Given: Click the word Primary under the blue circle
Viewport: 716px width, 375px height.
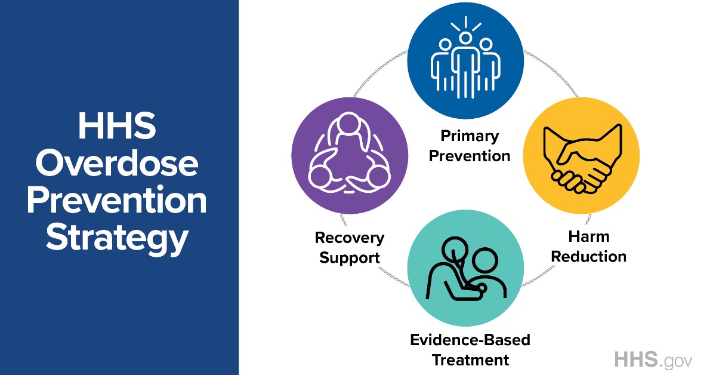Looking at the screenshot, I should [x=469, y=136].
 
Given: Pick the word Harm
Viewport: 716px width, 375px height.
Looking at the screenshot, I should [x=588, y=237].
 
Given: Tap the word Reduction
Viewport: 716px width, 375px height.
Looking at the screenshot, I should [x=588, y=257].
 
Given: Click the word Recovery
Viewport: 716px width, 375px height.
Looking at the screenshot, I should [x=350, y=238].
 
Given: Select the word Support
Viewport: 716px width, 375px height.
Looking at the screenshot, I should [x=350, y=258].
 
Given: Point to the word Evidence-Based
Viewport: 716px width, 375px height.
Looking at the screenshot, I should [x=470, y=340].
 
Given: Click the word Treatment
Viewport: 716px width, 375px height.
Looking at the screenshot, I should [x=470, y=360].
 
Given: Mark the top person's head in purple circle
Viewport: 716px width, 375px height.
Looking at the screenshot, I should [x=350, y=127].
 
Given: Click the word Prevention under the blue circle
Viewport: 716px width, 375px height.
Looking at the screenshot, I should [x=470, y=156].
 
